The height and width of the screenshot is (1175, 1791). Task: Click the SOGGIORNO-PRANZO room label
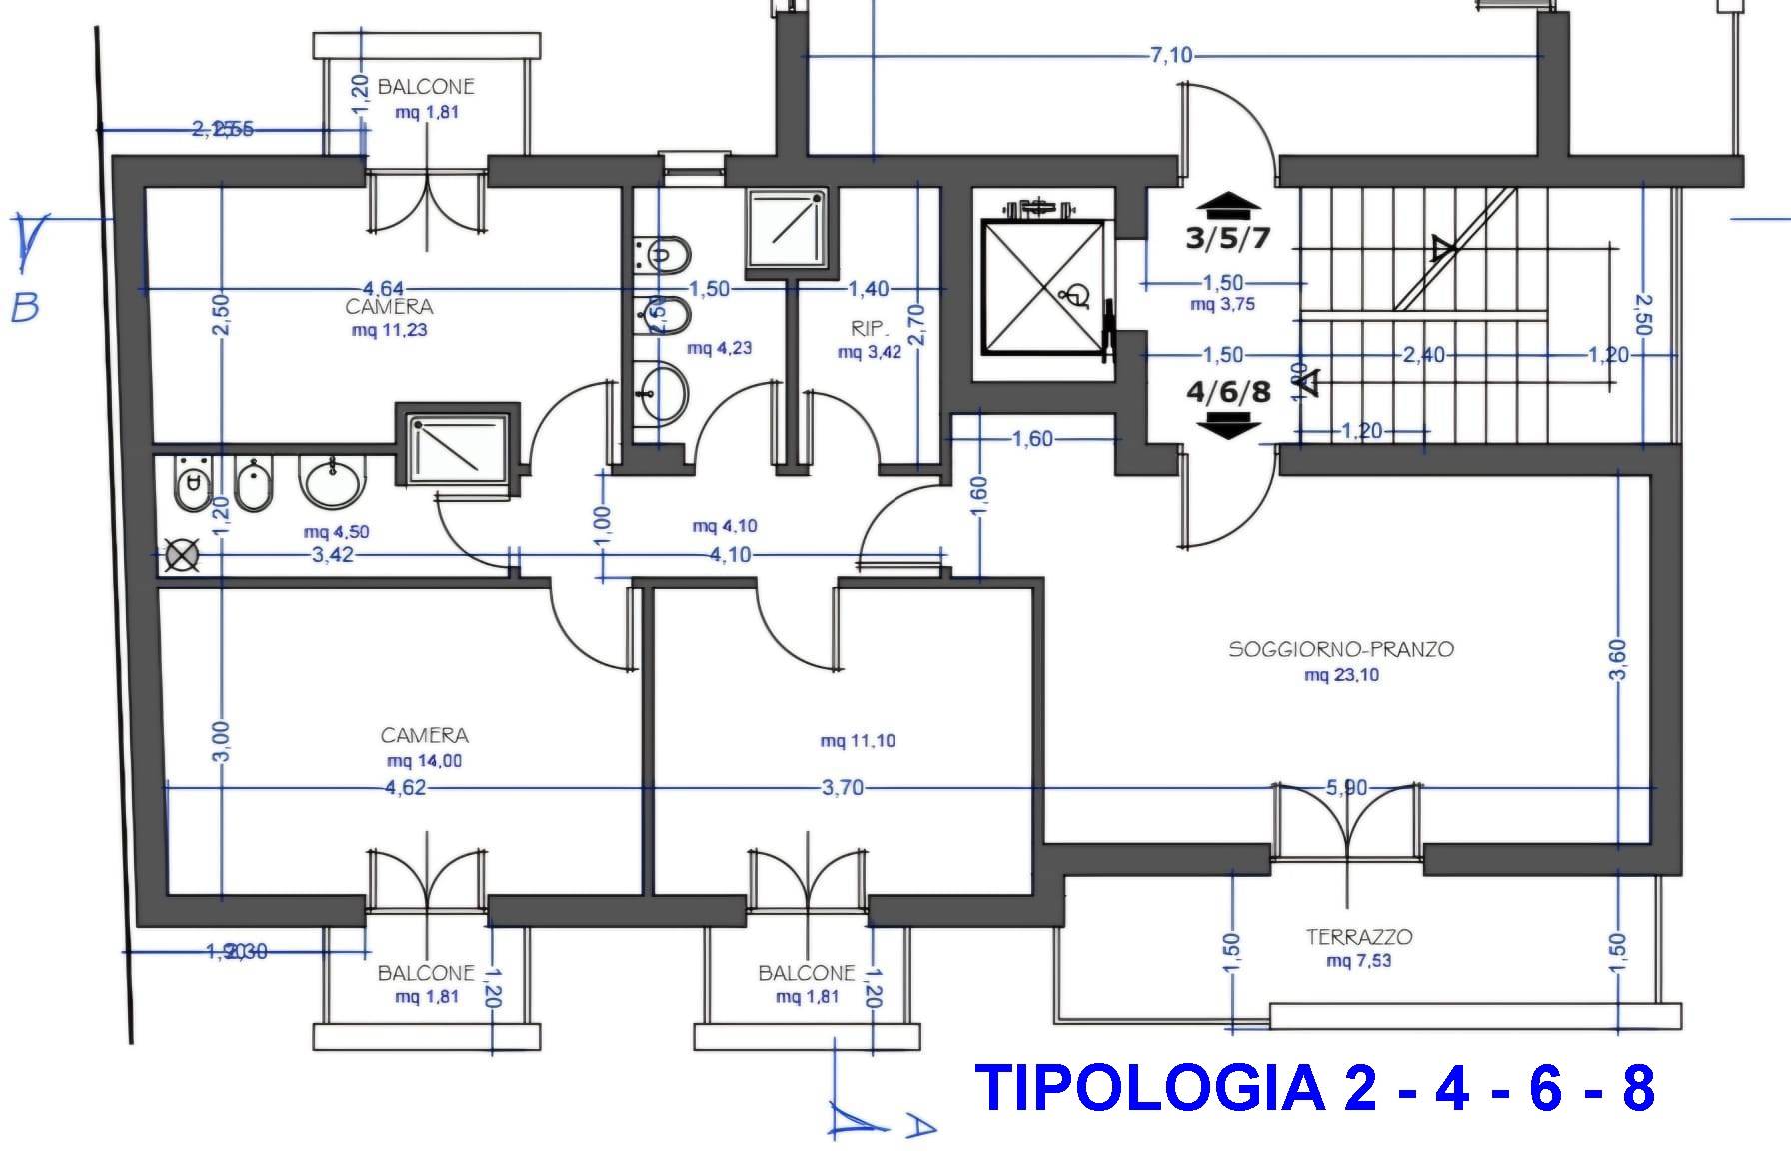[x=1340, y=649]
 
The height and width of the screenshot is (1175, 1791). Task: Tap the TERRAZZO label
[x=1359, y=937]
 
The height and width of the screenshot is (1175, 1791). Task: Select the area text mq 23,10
[x=1341, y=675]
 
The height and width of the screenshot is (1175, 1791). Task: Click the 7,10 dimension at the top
[x=1171, y=55]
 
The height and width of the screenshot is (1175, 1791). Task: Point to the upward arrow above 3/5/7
[x=1228, y=206]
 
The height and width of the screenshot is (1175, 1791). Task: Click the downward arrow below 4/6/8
[x=1228, y=426]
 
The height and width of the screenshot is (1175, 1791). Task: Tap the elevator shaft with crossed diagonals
[x=1045, y=287]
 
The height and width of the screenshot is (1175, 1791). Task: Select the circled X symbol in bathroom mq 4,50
[x=181, y=556]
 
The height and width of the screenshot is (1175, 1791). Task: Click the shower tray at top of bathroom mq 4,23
[x=787, y=229]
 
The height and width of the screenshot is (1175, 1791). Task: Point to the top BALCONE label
[x=425, y=87]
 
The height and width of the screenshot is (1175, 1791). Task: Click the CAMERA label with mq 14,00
[x=424, y=736]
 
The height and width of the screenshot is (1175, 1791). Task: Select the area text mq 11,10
[x=857, y=741]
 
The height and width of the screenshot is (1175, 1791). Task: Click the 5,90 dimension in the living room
[x=1345, y=788]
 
